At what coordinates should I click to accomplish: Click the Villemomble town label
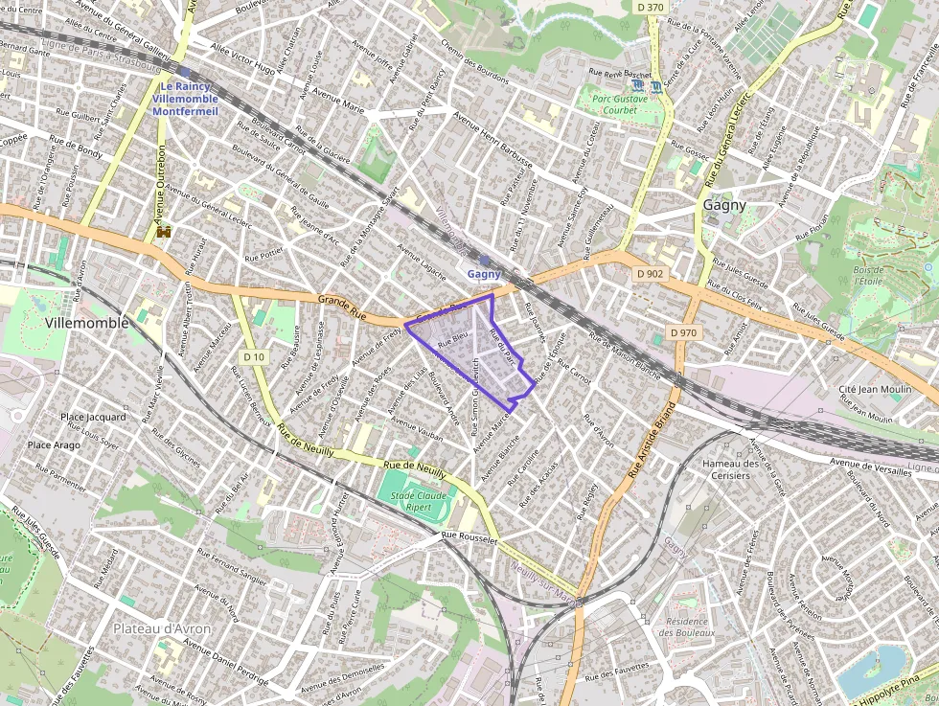click(x=86, y=324)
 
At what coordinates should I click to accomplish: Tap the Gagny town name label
click(x=724, y=205)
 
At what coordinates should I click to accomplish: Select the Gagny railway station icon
click(x=485, y=260)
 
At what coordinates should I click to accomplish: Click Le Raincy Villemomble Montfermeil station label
click(x=185, y=99)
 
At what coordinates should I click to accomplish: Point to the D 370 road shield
click(x=650, y=7)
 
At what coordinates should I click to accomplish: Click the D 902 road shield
click(x=650, y=273)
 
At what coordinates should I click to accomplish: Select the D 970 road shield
click(x=683, y=332)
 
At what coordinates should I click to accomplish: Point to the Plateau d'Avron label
click(x=162, y=628)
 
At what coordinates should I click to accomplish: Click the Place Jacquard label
click(x=93, y=417)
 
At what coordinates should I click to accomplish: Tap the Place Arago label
click(x=54, y=445)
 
